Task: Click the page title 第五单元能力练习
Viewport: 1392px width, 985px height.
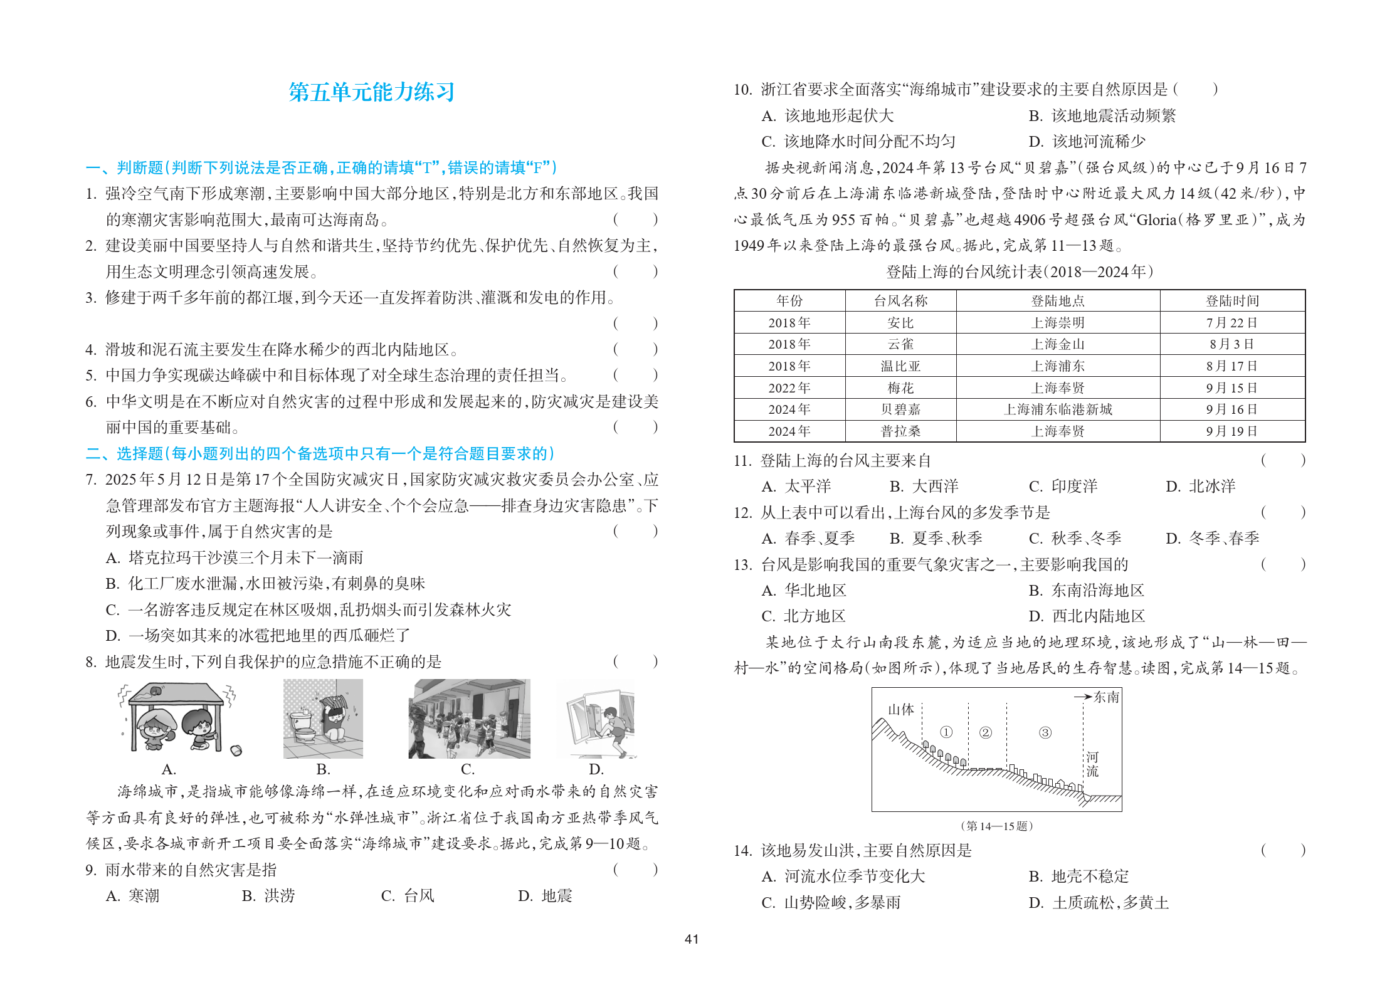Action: (371, 92)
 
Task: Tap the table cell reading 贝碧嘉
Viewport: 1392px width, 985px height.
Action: (900, 409)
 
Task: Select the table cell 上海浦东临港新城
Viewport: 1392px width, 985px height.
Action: (1058, 409)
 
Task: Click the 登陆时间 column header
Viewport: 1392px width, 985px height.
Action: (1232, 301)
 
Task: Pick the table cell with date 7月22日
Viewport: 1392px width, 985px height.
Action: (1232, 323)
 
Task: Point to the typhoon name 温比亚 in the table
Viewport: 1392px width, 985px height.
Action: (900, 366)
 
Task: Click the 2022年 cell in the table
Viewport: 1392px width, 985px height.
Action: (789, 388)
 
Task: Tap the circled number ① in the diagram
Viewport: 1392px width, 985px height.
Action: (946, 732)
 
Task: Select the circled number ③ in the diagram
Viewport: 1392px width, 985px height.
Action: (1045, 732)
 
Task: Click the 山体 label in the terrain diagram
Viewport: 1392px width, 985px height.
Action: (901, 710)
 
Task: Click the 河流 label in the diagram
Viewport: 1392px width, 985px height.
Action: (1092, 764)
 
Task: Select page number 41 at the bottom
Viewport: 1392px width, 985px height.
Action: (692, 939)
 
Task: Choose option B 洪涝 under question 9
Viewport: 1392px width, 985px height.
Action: (268, 896)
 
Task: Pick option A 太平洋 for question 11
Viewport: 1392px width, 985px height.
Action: (796, 487)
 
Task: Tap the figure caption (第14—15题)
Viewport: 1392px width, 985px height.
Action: (996, 826)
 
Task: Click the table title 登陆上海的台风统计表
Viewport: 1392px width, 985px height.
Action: (1020, 272)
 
